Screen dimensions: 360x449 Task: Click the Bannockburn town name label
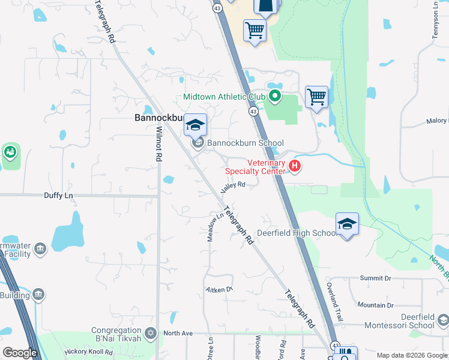point(157,119)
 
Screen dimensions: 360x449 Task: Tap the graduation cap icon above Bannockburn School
point(196,125)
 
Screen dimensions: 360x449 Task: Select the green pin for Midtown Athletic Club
point(275,95)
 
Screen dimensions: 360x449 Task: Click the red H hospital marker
point(295,166)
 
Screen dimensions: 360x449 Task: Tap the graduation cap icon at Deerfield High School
point(347,224)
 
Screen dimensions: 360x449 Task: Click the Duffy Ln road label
point(58,196)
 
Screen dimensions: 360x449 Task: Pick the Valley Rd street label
point(233,187)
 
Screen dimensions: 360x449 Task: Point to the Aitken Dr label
point(219,289)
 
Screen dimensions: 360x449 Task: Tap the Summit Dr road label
point(375,278)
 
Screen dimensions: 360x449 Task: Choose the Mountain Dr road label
point(375,305)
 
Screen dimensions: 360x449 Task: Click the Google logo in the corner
point(20,353)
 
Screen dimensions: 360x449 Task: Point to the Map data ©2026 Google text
point(412,355)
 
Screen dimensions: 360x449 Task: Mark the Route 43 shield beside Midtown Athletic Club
point(253,112)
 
